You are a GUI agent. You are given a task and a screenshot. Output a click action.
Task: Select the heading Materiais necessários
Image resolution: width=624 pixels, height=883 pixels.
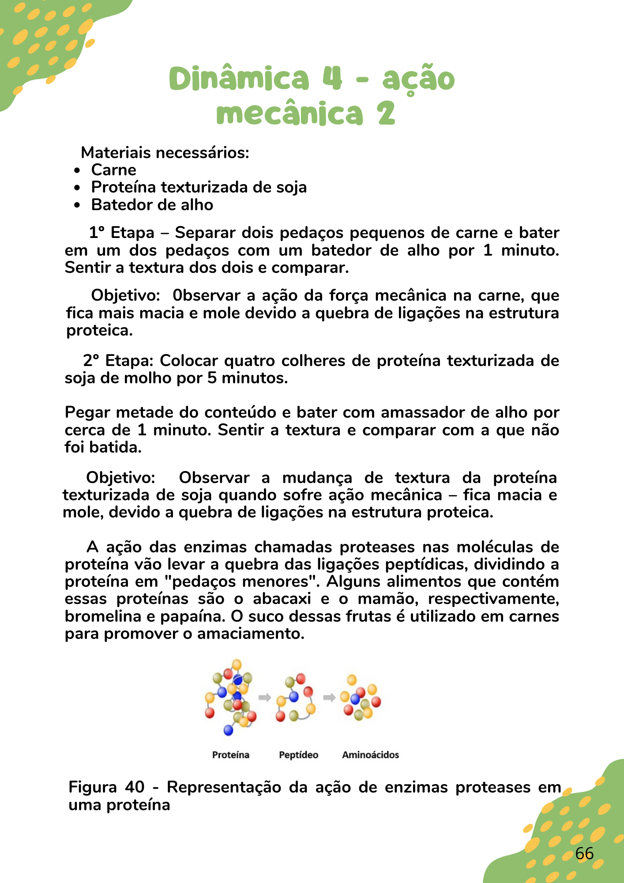point(165,153)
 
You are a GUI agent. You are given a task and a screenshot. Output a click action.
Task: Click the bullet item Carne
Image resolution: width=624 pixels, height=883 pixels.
point(113,170)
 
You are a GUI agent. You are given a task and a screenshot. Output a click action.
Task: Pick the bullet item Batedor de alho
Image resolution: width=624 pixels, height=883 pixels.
point(152,205)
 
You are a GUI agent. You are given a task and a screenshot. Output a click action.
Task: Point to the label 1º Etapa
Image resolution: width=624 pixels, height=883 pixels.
point(121,233)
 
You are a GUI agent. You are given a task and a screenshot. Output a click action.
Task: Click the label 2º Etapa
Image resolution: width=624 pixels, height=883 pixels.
point(118,361)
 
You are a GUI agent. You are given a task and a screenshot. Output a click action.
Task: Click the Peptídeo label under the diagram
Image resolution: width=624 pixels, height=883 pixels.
point(298,755)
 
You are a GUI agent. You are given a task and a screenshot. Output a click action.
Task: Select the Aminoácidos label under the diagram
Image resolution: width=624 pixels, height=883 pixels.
point(370,755)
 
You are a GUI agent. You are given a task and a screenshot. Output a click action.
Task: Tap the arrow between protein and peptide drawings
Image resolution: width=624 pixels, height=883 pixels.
point(264,698)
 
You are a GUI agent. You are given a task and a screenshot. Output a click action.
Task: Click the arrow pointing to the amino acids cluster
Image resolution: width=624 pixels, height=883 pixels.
point(329,698)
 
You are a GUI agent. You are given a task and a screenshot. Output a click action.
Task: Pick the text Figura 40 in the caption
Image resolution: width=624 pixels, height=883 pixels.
point(106,787)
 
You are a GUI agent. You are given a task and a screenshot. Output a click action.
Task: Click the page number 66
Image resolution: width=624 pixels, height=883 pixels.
point(584,853)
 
